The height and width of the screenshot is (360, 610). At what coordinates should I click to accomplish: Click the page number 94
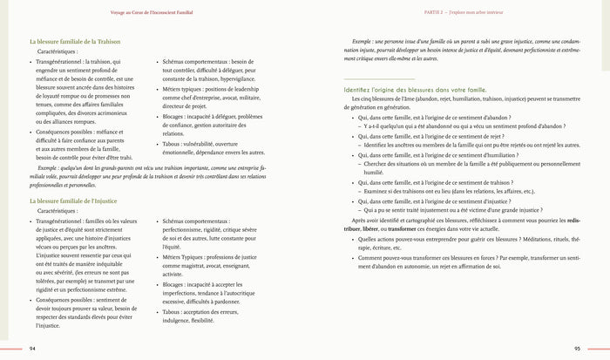coord(32,348)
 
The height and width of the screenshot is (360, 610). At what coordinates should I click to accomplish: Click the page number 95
coord(577,348)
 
